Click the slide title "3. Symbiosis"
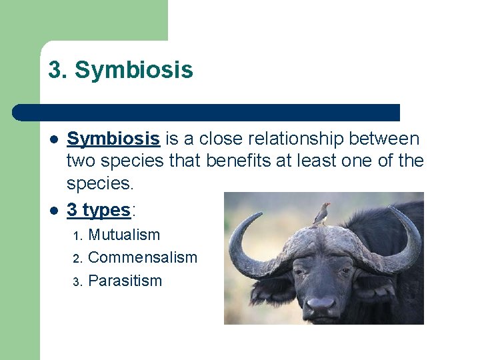point(121,70)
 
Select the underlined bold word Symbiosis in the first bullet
point(113,139)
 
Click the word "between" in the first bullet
point(389,139)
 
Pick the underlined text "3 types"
point(99,210)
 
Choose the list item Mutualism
point(124,235)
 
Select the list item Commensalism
point(143,257)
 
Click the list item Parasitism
point(125,281)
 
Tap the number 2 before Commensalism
point(77,258)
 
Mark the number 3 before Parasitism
point(77,281)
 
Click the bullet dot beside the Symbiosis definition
point(53,139)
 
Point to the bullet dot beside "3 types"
point(53,211)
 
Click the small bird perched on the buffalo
point(324,212)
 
